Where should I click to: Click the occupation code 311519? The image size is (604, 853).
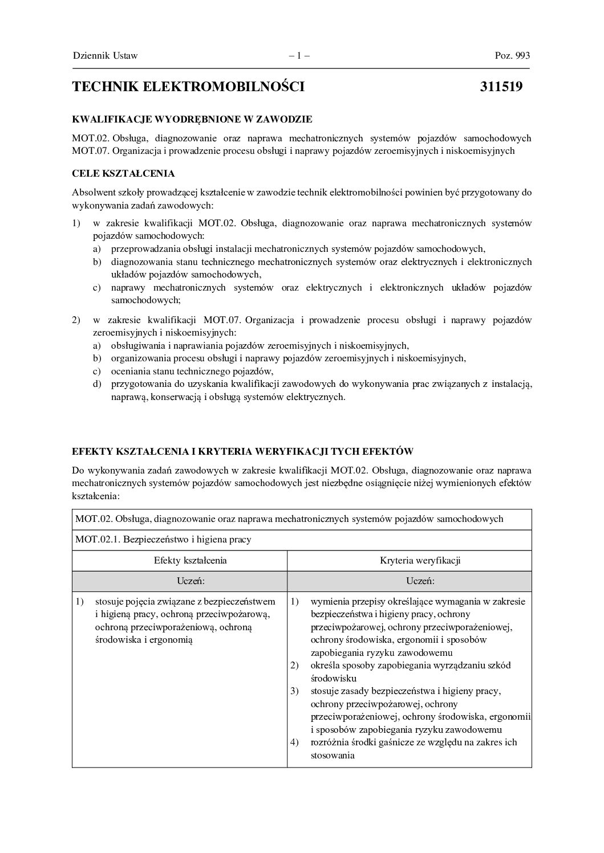501,87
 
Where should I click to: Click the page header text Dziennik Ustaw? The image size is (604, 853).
106,56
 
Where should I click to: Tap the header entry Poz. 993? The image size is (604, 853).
512,56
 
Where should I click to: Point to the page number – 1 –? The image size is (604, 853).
299,56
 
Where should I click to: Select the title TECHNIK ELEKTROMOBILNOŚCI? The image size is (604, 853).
188,87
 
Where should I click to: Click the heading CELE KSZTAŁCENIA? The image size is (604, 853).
123,173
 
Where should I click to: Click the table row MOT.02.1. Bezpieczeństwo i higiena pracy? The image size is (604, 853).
163,539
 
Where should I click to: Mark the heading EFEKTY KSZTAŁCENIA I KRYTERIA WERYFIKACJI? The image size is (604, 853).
242,451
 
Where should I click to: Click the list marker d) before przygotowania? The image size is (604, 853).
97,384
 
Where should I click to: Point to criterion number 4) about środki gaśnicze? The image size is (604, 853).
294,742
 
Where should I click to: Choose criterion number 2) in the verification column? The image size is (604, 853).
294,666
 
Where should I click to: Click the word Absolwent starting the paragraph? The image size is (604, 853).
92,193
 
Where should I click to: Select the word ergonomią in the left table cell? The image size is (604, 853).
173,640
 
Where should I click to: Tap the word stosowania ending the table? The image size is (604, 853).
333,756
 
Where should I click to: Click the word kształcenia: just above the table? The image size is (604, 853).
96,496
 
